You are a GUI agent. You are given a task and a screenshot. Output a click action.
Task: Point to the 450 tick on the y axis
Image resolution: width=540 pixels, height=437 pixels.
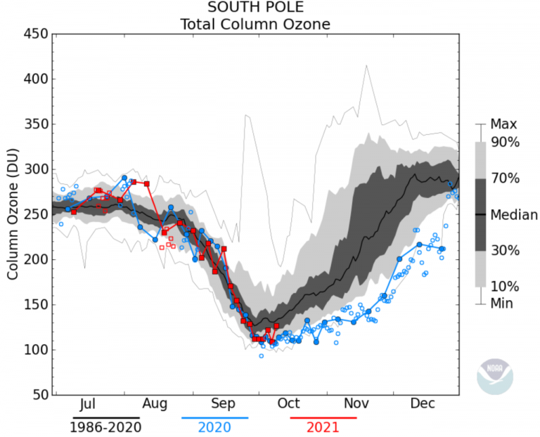click(x=35, y=34)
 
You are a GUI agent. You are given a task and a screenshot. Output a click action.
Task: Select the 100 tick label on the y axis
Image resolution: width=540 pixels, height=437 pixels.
click(x=35, y=350)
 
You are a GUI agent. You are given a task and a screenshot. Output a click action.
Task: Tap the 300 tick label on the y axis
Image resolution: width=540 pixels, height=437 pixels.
click(x=35, y=169)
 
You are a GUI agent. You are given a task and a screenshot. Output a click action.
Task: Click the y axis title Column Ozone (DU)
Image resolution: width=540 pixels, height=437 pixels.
click(x=12, y=214)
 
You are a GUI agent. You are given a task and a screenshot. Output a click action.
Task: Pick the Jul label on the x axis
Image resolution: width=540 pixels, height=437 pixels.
click(x=88, y=404)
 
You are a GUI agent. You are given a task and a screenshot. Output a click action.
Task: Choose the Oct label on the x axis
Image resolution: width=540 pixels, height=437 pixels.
click(x=288, y=404)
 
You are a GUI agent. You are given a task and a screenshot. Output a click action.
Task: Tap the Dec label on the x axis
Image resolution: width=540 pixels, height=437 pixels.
click(x=423, y=404)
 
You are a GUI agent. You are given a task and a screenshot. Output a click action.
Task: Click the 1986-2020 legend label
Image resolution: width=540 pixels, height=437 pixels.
click(x=105, y=426)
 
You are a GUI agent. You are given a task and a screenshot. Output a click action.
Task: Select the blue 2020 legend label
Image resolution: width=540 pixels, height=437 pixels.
click(x=215, y=426)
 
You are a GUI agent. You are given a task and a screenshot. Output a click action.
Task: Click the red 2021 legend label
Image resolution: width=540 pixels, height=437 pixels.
click(x=323, y=426)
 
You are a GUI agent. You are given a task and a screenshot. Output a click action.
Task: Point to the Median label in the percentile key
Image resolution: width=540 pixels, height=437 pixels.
click(x=514, y=214)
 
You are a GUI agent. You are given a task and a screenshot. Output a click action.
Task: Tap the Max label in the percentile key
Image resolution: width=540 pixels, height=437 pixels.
click(x=503, y=124)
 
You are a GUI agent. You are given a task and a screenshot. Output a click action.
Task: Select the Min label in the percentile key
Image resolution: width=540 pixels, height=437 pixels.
click(x=502, y=304)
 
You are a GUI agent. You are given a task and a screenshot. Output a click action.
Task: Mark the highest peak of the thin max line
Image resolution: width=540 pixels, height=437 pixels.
click(x=366, y=66)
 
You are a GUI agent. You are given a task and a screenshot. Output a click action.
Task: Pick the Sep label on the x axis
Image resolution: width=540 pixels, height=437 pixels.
click(x=221, y=404)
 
